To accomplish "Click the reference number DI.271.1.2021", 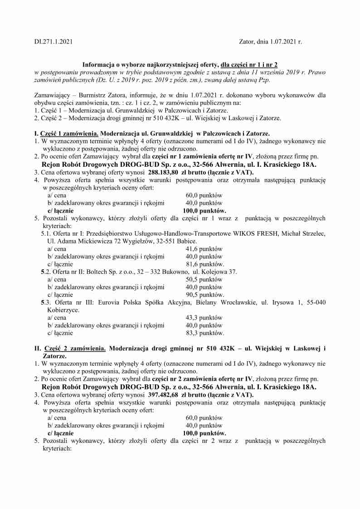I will pos(53,42).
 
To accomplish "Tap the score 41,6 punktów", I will pos(204,249).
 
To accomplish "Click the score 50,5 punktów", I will pos(204,280).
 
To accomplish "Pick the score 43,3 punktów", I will pos(204,318).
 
